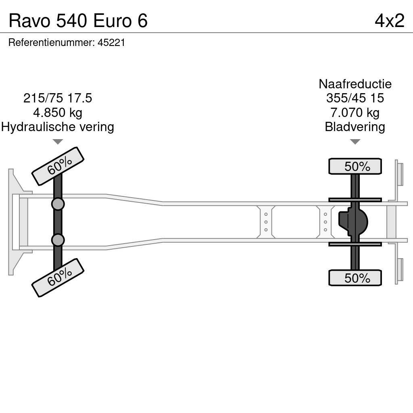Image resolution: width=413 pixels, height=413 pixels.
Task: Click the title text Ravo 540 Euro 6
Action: pos(78,21)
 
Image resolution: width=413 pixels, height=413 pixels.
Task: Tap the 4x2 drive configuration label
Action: pos(389,21)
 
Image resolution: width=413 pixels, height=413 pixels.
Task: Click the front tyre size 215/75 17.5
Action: pos(58,98)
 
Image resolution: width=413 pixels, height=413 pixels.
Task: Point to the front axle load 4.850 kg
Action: pos(58,113)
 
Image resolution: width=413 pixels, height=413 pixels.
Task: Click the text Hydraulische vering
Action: pos(58,127)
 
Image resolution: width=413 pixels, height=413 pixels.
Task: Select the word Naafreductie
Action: pos(355,84)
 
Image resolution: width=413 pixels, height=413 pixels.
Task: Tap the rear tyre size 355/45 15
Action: pos(355,98)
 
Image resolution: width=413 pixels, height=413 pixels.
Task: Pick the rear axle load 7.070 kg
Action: pos(355,113)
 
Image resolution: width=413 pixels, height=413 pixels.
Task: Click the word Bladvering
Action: pos(355,127)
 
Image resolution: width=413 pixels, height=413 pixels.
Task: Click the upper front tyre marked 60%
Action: pos(58,166)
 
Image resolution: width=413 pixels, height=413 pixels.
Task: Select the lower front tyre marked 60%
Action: pos(58,277)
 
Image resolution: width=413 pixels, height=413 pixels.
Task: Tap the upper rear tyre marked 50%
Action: pos(355,167)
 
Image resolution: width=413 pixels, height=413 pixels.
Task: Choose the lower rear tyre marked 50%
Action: pos(355,278)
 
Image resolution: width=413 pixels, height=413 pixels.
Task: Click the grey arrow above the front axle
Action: pos(58,142)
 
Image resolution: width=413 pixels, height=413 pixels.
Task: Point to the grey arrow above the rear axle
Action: pos(355,142)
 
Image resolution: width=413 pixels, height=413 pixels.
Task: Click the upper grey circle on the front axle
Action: pos(58,204)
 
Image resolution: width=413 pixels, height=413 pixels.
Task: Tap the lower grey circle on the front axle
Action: pos(58,240)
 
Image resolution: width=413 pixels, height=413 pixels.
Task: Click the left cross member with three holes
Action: pos(266,222)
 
